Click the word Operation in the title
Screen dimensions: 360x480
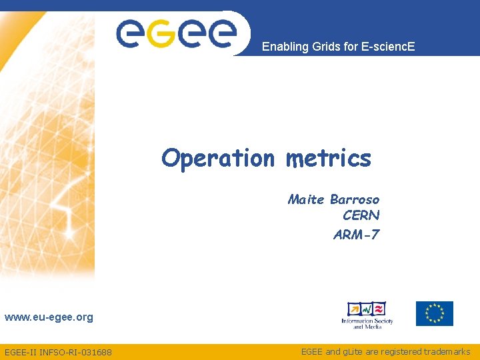[217, 159]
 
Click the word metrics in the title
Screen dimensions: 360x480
[328, 159]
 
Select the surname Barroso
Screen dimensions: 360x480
[355, 199]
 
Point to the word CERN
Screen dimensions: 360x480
[361, 215]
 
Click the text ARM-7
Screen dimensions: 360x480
[356, 234]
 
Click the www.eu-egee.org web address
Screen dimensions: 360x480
[49, 317]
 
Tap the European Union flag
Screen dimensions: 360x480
[435, 313]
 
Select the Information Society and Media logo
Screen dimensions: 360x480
[367, 315]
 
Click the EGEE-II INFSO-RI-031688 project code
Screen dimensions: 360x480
[58, 352]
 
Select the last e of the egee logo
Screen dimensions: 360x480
[221, 33]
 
